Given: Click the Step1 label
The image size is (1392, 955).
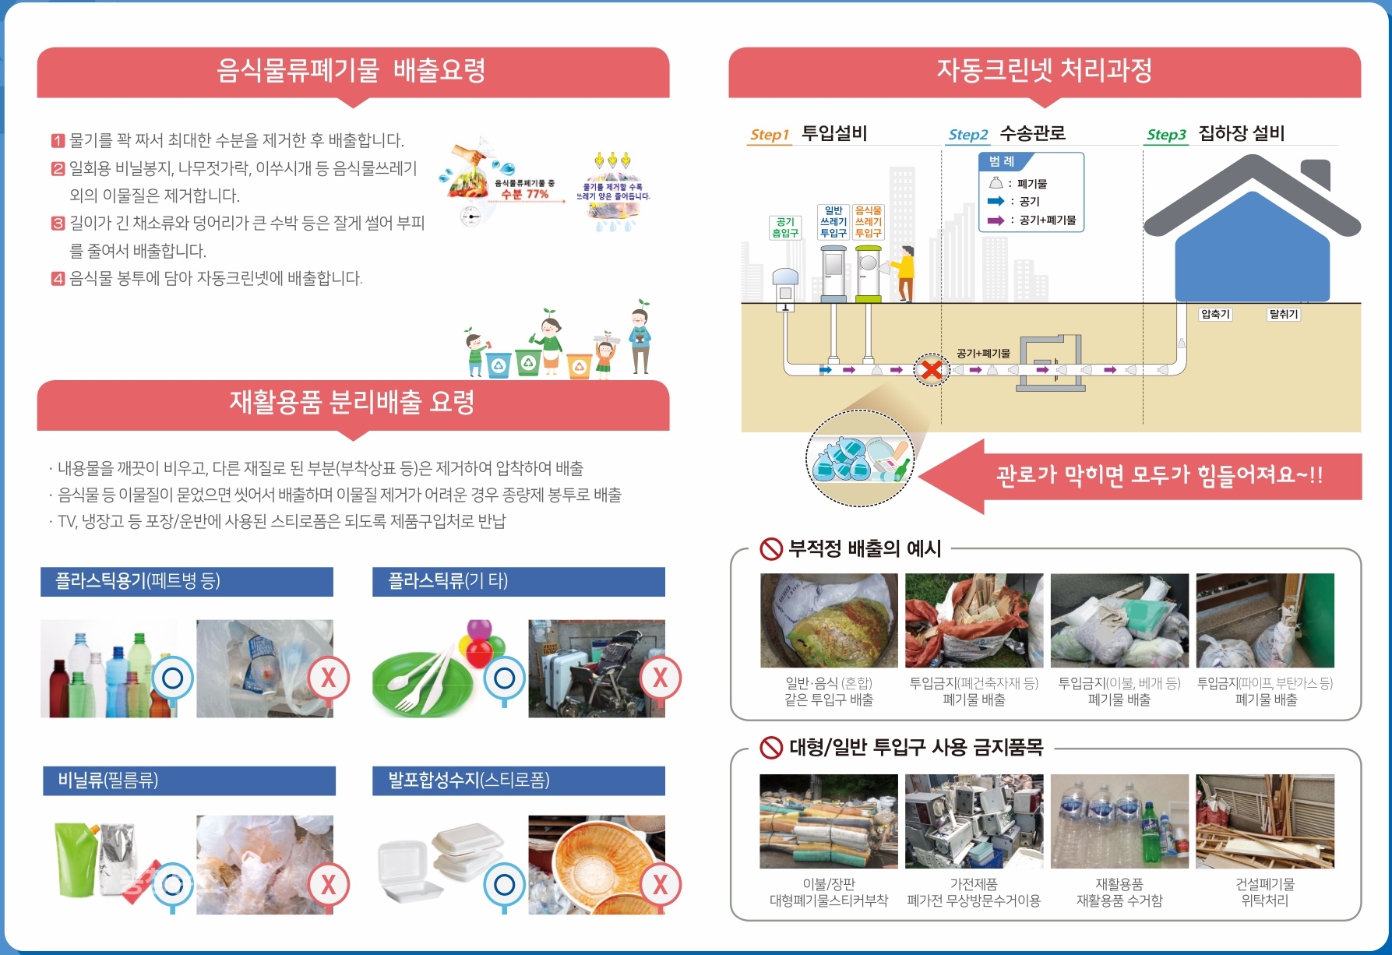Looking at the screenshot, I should coord(769,135).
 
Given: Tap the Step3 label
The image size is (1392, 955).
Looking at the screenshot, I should coord(1165,135).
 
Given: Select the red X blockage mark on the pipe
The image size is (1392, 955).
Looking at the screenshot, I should coord(931,369).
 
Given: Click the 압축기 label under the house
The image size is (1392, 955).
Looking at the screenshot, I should coord(1214,314).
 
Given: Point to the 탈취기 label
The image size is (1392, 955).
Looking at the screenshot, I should coord(1283,314).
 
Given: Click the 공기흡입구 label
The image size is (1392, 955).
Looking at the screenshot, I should coord(784,227).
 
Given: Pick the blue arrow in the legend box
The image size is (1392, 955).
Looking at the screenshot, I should coord(996,201).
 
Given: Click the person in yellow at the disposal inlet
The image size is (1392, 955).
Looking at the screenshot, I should coord(904,273).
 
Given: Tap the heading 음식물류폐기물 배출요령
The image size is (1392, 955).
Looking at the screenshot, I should coord(351,70).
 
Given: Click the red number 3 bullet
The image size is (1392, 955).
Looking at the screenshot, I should coord(58,224).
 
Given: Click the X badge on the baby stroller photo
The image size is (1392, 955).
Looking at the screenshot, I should coord(660,678).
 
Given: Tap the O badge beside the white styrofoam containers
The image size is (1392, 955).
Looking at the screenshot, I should coord(504,885).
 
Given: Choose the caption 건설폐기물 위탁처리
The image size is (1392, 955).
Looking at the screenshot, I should coord(1264,892).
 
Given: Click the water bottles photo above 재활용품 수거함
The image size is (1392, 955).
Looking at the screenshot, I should coord(1119,821).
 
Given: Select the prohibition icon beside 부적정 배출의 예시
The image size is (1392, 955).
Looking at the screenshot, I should coord(770,549).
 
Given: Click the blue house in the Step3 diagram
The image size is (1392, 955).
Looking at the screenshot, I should coord(1252,249).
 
